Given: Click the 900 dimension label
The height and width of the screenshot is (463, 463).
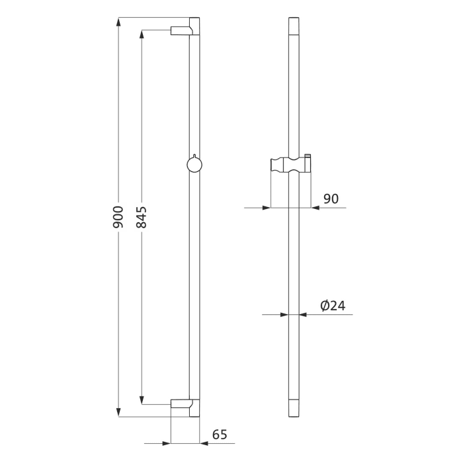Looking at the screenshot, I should point(119,218).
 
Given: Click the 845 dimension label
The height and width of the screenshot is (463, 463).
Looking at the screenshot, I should point(142,218).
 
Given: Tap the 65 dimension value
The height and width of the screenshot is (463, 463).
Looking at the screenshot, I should point(220,435).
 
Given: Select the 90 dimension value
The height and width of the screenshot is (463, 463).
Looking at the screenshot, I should point(331,198).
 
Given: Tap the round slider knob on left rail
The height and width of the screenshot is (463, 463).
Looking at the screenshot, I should point(194,163).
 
